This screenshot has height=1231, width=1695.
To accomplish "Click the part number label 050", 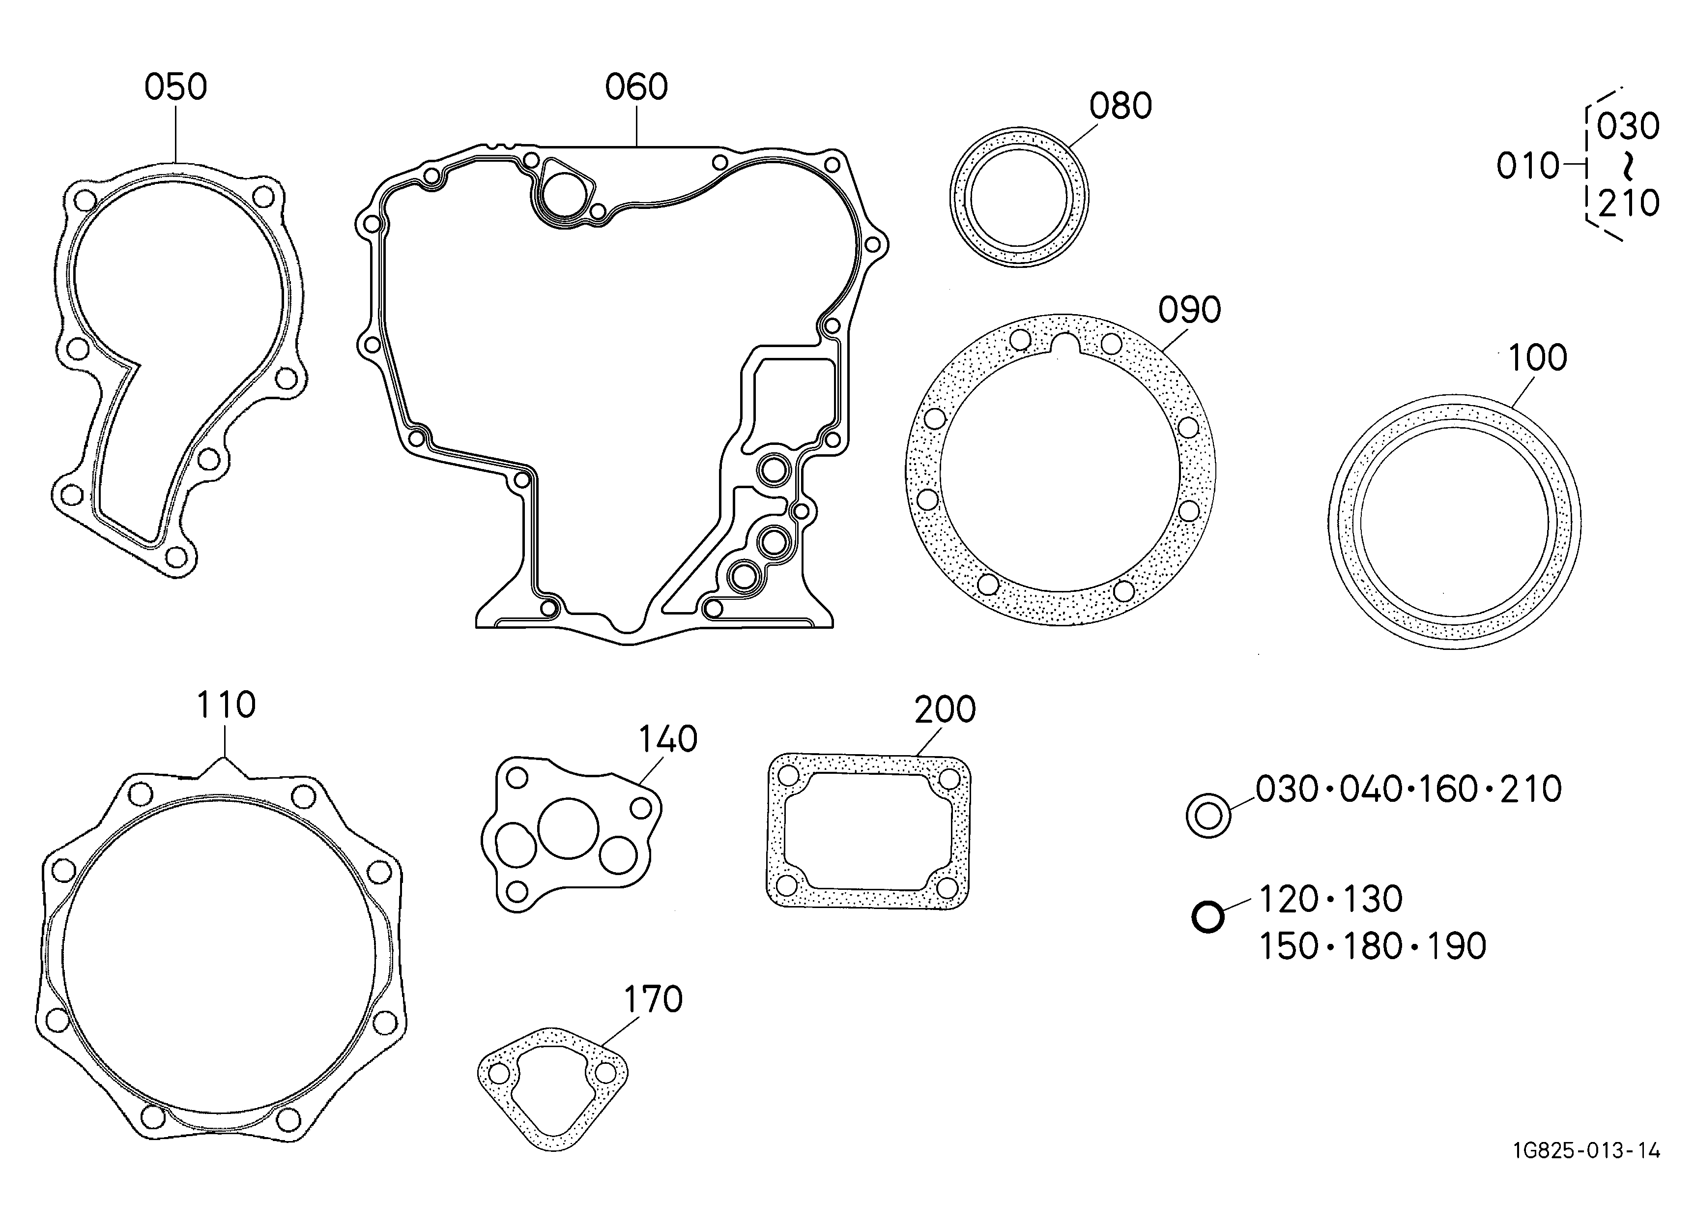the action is point(175,88).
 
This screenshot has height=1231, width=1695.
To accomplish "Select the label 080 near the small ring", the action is point(1120,106).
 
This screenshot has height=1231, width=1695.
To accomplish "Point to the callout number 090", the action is point(1190,309).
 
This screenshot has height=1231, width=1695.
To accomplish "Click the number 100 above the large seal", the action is point(1537,358).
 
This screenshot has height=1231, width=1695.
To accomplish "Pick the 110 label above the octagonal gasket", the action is point(226,705).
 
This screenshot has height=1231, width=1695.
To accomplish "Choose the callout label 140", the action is point(667,739).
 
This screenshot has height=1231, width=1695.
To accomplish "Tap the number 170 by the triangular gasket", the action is point(653,999).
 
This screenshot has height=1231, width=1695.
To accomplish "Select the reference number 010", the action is point(1527,166).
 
